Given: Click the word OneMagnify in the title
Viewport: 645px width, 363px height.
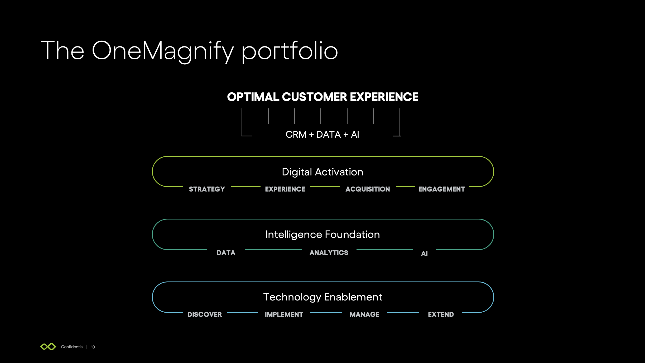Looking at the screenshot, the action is [163, 51].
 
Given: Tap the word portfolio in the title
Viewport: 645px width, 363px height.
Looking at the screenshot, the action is [290, 51].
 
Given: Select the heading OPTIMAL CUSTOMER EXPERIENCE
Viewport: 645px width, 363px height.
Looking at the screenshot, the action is [322, 97].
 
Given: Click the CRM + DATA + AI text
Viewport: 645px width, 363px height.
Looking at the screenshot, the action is [322, 135].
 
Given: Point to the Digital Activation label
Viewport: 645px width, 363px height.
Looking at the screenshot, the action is [322, 172].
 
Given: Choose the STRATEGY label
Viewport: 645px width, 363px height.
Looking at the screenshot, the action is [207, 189].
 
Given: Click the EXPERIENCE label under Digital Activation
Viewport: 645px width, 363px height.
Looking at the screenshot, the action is [285, 189].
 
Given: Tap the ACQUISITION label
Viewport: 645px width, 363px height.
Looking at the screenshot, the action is [368, 189].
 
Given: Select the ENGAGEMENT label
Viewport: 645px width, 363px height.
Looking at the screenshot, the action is [441, 189].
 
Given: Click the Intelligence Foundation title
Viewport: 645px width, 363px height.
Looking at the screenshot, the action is [322, 235].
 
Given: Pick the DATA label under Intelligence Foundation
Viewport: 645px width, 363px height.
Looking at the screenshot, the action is [226, 253].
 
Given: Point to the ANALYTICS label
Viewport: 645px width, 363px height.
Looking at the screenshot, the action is [329, 253].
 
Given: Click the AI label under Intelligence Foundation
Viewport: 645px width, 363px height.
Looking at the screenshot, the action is [424, 254].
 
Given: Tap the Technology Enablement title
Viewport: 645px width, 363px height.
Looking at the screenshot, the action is [322, 297].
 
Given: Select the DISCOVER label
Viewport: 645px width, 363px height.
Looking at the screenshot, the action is [205, 314].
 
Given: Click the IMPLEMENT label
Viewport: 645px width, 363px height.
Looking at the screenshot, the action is [284, 314].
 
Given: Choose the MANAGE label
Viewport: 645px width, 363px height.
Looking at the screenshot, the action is [364, 314].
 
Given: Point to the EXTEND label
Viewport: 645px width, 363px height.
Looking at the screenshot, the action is [441, 314].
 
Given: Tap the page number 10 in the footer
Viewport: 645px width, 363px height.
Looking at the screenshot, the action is [93, 347].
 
